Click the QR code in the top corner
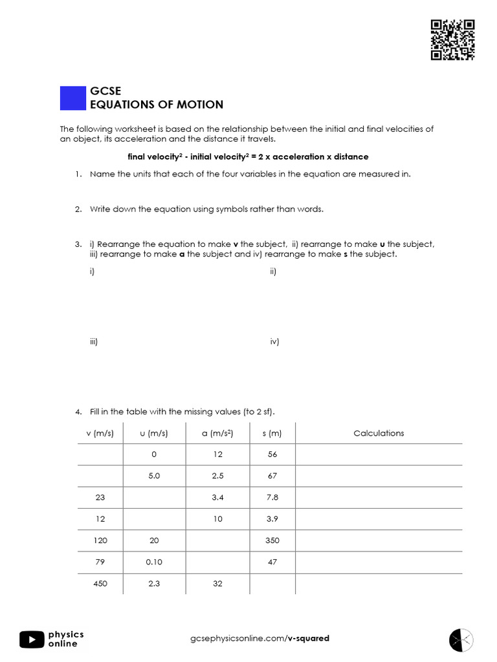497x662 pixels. tap(452, 40)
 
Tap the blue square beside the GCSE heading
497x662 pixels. tap(72, 98)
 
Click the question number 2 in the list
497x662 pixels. tap(78, 209)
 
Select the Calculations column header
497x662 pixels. tap(379, 433)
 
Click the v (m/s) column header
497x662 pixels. tap(100, 433)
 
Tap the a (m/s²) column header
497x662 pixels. tap(217, 433)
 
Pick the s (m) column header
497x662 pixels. tap(272, 433)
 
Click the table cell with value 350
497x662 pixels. tap(272, 540)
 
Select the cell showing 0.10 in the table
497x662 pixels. tap(154, 562)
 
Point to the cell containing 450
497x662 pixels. tap(100, 583)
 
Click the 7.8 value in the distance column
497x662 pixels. tap(272, 497)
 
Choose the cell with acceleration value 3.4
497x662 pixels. tap(217, 497)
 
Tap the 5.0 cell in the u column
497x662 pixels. tap(154, 476)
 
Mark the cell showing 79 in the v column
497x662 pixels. tap(100, 562)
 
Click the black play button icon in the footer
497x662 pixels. tap(32, 639)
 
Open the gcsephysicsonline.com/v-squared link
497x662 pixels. tap(260, 638)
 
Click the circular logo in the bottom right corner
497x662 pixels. tap(461, 639)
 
